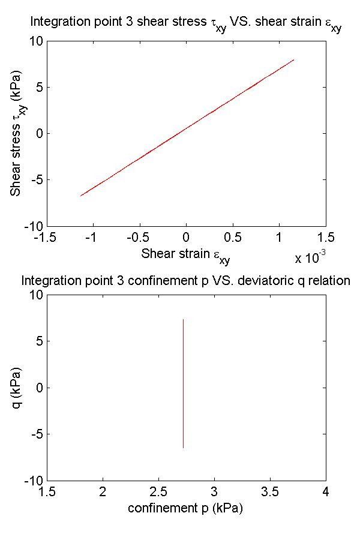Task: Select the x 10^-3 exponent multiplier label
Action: click(310, 258)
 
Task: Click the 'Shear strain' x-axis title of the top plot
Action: click(185, 254)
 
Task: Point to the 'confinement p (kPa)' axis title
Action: click(185, 508)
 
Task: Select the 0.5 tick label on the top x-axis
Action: click(232, 238)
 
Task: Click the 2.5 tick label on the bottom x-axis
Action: click(158, 492)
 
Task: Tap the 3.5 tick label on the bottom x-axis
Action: click(270, 492)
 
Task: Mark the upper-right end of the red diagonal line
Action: click(294, 59)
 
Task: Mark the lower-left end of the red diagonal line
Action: click(81, 196)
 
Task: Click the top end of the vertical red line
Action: click(183, 320)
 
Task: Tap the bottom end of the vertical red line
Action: click(183, 448)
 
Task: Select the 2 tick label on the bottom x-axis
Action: click(103, 492)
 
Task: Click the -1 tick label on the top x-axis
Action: click(91, 238)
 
